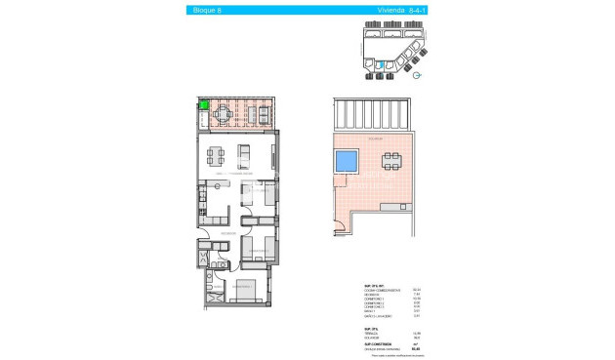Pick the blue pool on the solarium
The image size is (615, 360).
347,162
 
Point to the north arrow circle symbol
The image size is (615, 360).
417,75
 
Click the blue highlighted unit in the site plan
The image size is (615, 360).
382,65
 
